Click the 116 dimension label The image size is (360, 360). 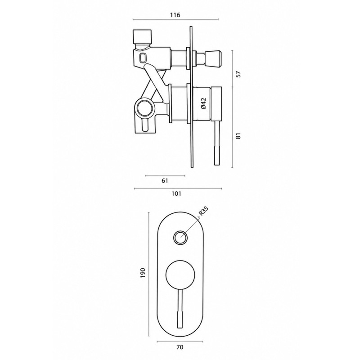point(175,15)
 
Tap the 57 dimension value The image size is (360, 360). point(239,74)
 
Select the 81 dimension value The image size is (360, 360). point(239,136)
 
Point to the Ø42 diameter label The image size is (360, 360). point(203,103)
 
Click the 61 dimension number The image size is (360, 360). point(165,181)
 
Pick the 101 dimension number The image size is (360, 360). point(176,194)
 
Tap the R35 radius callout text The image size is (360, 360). point(203,211)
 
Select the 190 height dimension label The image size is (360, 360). point(143,273)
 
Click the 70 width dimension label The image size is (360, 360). point(180,347)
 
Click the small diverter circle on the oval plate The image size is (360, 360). point(180,238)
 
